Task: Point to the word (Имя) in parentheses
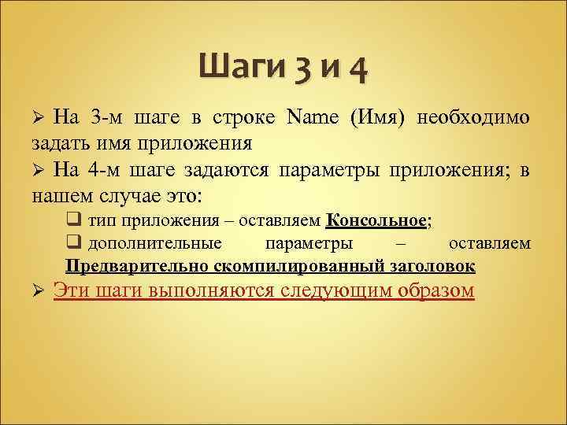click(376, 118)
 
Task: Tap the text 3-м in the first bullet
click(108, 118)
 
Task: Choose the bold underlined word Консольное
click(376, 220)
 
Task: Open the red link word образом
click(436, 291)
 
